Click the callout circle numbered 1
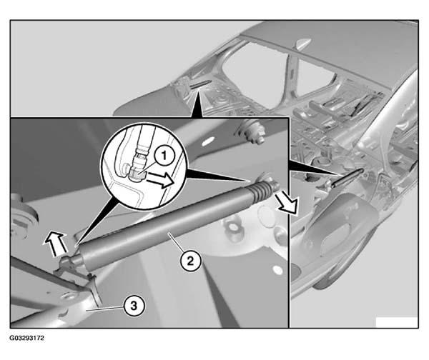coord(164,157)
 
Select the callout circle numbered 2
coord(190,261)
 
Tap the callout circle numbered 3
coord(134,306)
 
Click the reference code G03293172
coord(27,338)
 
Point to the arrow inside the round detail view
coord(160,181)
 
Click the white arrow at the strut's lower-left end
coord(56,243)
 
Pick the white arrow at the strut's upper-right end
coord(287,203)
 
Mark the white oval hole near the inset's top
coord(209,141)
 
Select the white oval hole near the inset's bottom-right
coord(278,270)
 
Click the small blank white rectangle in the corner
coord(397,322)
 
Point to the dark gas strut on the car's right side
coord(347,177)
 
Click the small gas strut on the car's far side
coord(200,84)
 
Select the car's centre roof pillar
coord(291,74)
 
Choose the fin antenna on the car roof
coord(302,43)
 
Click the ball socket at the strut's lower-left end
coord(69,263)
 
